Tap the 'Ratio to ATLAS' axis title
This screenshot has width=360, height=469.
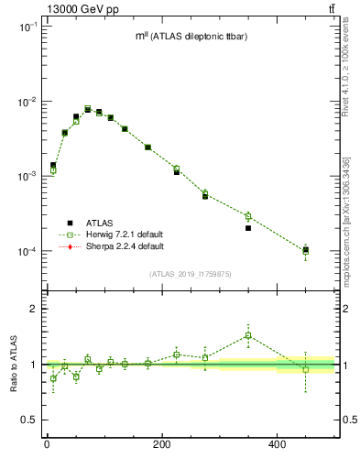click(x=15, y=364)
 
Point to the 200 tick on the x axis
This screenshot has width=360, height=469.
click(x=161, y=444)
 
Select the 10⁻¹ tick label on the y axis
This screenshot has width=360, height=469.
click(x=27, y=27)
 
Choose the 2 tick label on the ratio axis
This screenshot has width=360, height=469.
click(x=34, y=309)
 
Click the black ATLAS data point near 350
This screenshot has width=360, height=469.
click(x=248, y=228)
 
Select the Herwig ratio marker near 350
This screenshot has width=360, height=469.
click(x=248, y=335)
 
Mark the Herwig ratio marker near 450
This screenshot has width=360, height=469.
click(x=306, y=368)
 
